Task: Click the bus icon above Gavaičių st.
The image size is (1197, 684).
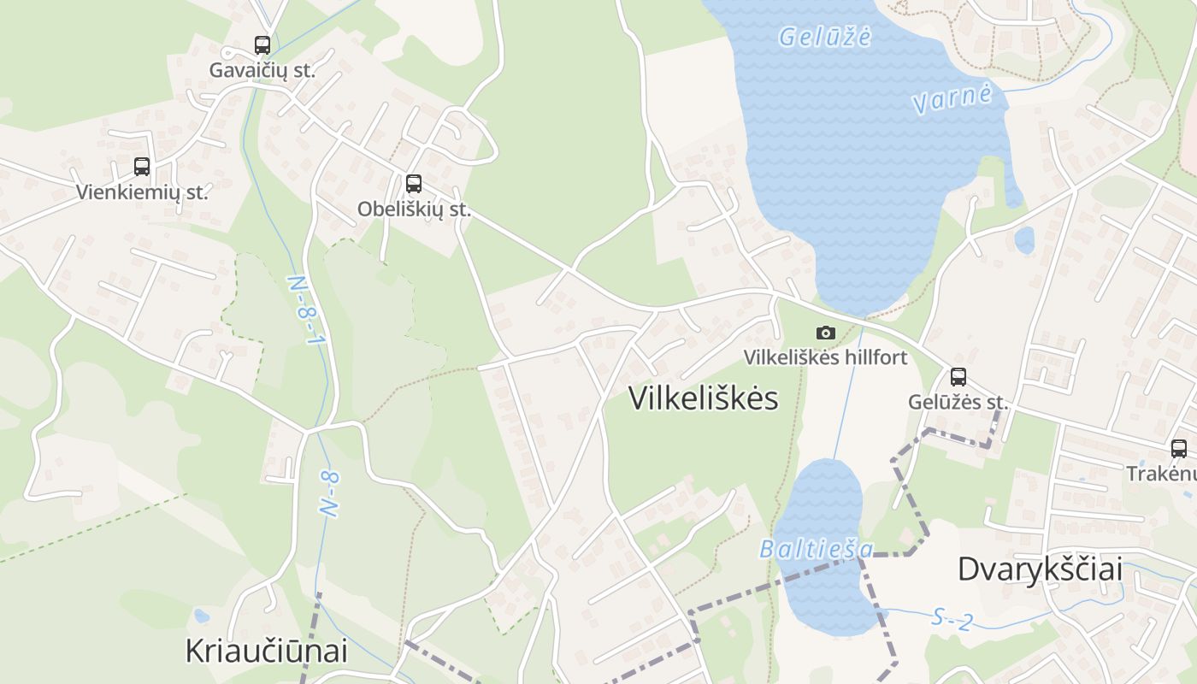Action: pos(262,45)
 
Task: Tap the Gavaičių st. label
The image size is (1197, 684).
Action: pos(262,70)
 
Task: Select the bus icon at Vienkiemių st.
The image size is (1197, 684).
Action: pos(142,167)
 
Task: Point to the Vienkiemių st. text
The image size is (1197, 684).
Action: pos(142,192)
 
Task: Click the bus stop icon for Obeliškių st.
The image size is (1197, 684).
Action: pos(414,183)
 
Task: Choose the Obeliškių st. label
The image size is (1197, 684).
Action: pos(415,209)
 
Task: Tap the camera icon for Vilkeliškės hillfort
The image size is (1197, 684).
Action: pos(825,333)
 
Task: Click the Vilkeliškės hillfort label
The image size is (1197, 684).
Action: pos(825,357)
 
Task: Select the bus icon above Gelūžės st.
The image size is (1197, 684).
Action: pos(958,377)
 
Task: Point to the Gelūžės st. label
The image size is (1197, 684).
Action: pos(958,402)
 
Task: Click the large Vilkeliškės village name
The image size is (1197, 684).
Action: pos(704,398)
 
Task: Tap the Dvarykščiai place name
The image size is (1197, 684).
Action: pos(1040,569)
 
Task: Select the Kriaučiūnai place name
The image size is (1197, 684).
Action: pos(267,651)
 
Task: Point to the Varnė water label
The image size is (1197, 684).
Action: pos(952,98)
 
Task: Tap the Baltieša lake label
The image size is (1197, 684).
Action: pos(817,549)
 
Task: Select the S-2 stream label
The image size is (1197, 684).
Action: pos(952,619)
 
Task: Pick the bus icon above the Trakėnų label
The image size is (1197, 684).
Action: pos(1179,449)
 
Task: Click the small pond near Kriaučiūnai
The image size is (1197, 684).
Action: pos(201,616)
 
